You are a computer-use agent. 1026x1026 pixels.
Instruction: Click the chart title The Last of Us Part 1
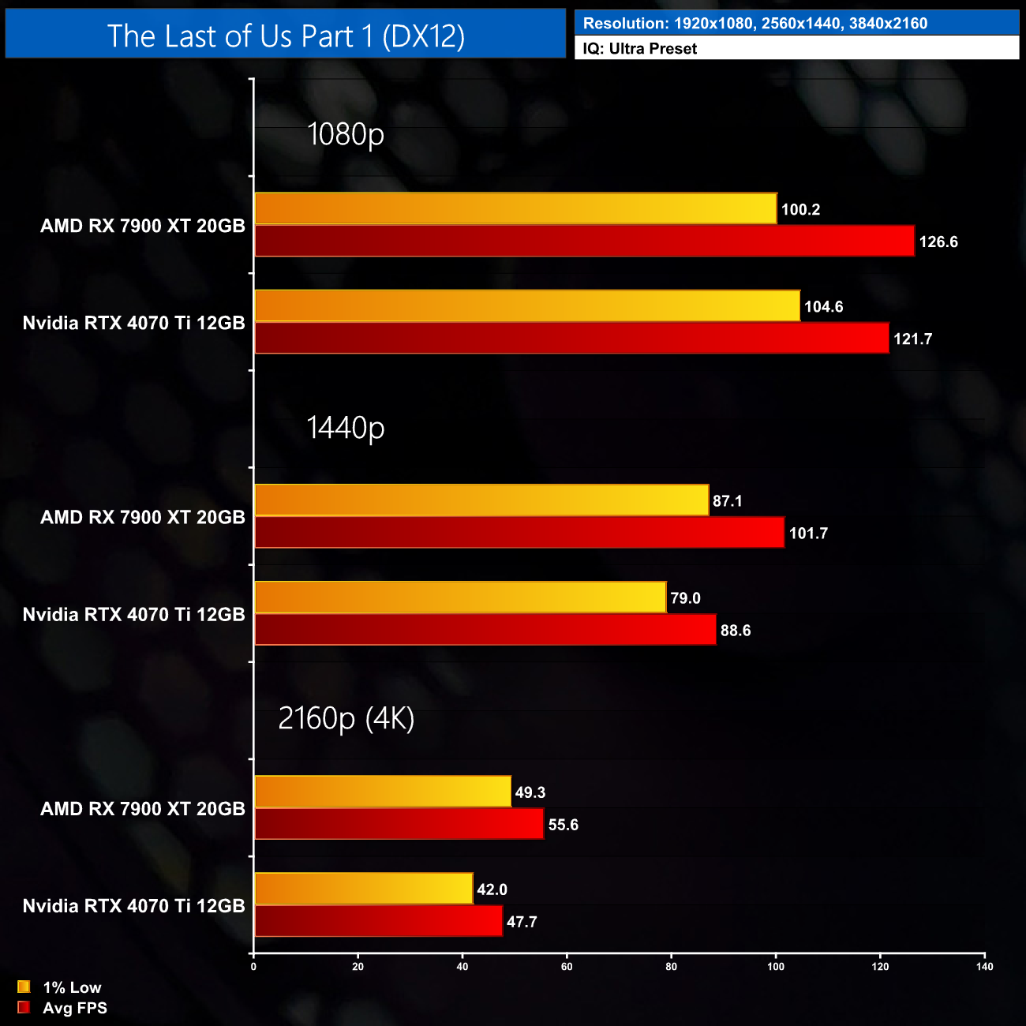(x=286, y=36)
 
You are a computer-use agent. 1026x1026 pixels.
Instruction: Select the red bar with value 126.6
(x=584, y=242)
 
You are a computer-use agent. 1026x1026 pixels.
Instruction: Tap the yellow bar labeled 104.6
(x=527, y=306)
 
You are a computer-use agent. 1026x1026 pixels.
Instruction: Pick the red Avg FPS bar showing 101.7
(x=519, y=533)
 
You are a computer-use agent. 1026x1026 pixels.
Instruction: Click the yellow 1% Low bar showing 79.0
(x=460, y=597)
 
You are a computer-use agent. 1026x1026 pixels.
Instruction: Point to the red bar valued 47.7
(x=378, y=921)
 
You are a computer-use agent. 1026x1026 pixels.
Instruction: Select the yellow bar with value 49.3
(x=383, y=792)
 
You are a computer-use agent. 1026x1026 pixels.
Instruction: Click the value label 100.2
(x=800, y=210)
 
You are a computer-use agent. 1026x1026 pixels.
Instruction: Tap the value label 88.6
(x=736, y=631)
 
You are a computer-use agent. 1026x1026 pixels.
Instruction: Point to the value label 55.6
(x=563, y=825)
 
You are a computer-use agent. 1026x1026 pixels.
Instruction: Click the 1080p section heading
(x=346, y=134)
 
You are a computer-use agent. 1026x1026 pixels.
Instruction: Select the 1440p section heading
(x=346, y=428)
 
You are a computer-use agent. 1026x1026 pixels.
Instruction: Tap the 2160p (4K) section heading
(x=346, y=718)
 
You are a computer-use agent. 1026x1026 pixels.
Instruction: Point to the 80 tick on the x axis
(x=671, y=967)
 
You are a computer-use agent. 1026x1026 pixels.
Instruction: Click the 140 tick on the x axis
(x=984, y=967)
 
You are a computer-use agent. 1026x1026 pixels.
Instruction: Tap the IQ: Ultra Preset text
(x=640, y=49)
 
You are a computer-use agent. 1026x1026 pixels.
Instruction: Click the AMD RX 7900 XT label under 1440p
(x=143, y=518)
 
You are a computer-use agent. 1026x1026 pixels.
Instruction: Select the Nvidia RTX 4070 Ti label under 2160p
(x=134, y=906)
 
